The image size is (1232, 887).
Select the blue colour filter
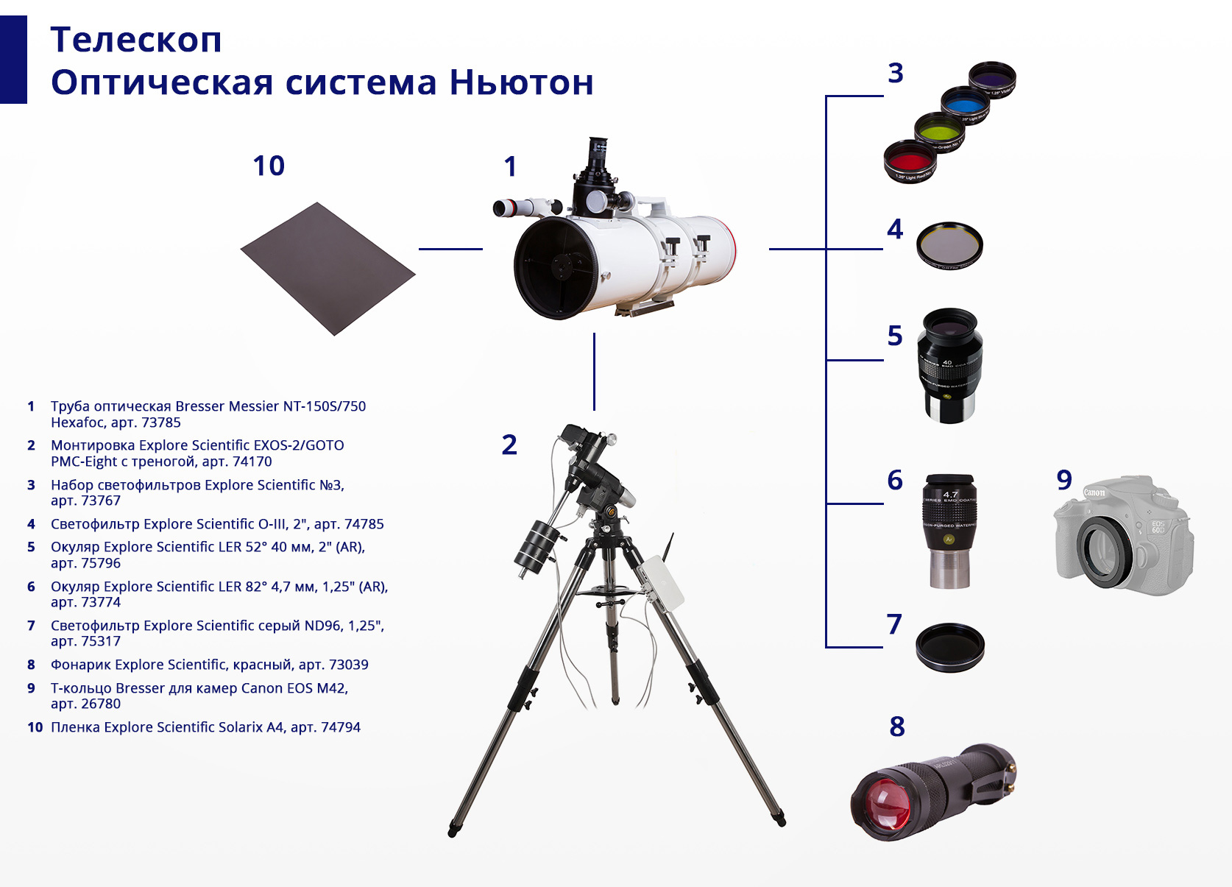[x=966, y=105]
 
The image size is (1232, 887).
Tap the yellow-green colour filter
[x=939, y=132]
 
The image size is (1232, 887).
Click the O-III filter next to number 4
[x=949, y=245]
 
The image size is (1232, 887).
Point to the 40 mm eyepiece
[x=950, y=365]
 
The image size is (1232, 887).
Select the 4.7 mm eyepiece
[x=950, y=531]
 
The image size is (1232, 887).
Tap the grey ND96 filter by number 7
[x=950, y=647]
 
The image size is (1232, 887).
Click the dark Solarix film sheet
[x=328, y=269]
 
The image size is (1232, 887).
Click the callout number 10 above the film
[x=269, y=166]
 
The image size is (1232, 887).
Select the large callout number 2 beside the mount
[x=509, y=445]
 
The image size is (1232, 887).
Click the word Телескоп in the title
[x=136, y=40]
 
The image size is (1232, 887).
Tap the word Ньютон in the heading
[x=521, y=82]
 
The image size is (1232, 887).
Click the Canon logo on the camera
[x=1094, y=492]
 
